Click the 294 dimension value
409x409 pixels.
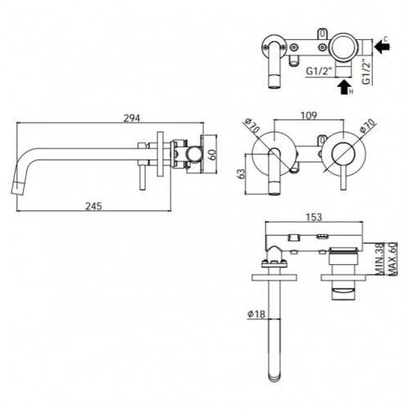[x=132, y=118]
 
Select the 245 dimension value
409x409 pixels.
[x=94, y=206]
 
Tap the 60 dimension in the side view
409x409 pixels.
[x=213, y=155]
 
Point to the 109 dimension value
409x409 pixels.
[x=309, y=115]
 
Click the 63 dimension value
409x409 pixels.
[x=241, y=174]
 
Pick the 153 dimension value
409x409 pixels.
[x=313, y=217]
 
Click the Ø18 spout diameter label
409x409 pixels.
[x=256, y=314]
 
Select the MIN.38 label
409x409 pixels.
[x=379, y=259]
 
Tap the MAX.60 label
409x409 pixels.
[x=392, y=259]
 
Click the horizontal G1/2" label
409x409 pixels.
[x=319, y=71]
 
